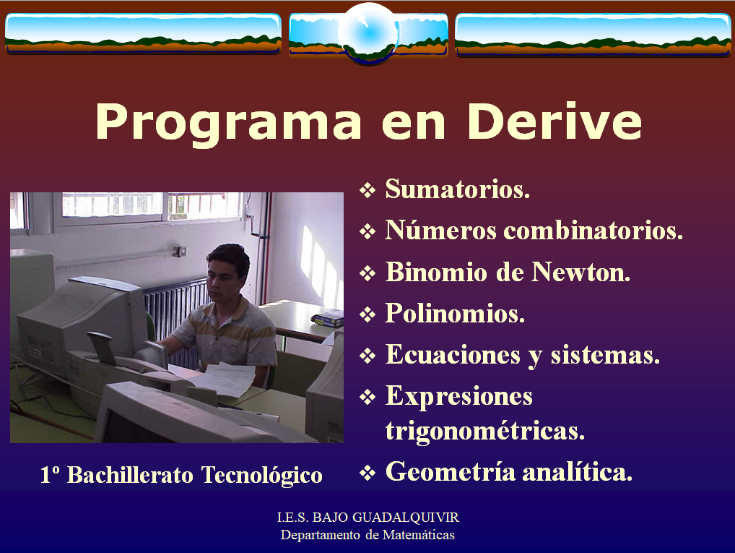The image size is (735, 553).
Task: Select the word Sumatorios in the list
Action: [x=458, y=189]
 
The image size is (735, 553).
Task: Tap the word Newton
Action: [x=580, y=272]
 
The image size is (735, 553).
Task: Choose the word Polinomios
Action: [x=455, y=313]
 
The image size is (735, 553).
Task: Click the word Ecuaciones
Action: [x=453, y=354]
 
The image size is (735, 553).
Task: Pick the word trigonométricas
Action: [x=484, y=432]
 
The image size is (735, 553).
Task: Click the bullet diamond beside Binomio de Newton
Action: [x=367, y=273]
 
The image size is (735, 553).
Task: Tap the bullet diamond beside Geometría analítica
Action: [x=367, y=473]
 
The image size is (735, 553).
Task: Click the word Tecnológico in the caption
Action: [x=261, y=476]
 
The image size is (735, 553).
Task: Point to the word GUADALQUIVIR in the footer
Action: [x=406, y=518]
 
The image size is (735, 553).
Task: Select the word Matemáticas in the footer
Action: [x=419, y=535]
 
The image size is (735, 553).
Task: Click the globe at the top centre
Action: [x=368, y=32]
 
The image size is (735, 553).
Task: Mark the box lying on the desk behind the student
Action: [x=327, y=319]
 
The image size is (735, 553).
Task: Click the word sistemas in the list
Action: [x=605, y=354]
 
